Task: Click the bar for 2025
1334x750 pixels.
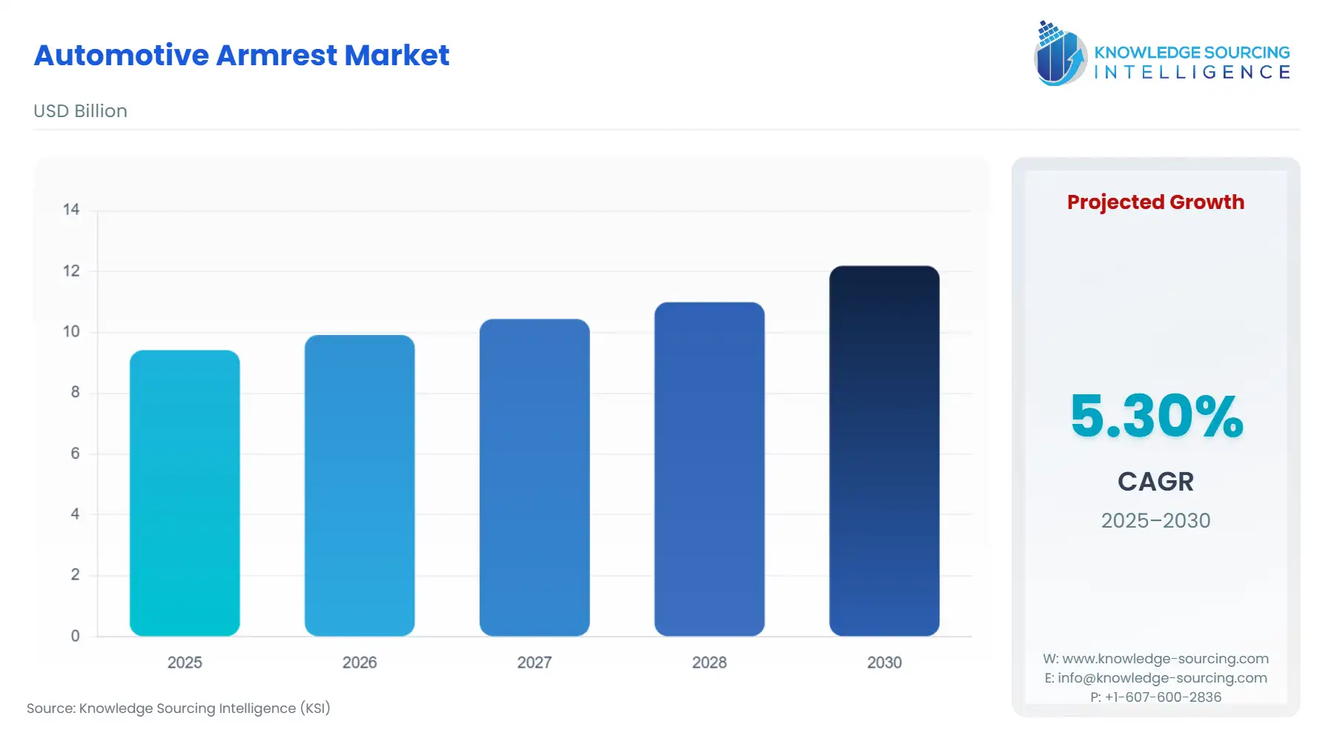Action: click(185, 493)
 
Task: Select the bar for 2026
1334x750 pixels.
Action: click(359, 485)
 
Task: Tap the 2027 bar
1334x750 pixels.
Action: click(534, 477)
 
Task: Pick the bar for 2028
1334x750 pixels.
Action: click(709, 469)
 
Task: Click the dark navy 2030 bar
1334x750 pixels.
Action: click(884, 451)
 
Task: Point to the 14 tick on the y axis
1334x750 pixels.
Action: click(71, 210)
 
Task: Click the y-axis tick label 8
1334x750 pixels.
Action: click(75, 392)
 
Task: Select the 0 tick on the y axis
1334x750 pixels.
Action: click(75, 636)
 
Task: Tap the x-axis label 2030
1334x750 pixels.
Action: click(884, 663)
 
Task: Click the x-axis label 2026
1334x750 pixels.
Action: click(359, 663)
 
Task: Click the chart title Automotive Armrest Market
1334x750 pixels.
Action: click(242, 56)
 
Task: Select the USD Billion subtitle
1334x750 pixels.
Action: click(80, 111)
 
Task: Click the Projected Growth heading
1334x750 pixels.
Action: click(1155, 202)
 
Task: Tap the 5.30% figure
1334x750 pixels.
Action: click(1156, 416)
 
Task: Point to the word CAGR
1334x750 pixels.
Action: click(1155, 482)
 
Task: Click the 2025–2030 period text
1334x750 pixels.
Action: click(1155, 521)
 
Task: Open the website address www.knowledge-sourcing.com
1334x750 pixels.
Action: click(1165, 659)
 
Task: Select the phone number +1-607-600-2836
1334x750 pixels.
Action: click(1163, 697)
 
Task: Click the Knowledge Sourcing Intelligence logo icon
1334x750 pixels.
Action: click(1060, 53)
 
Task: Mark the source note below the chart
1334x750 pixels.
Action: click(179, 708)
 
